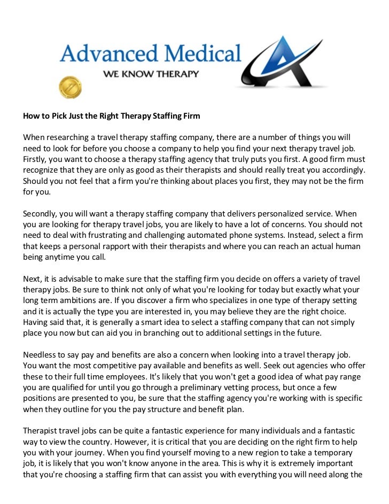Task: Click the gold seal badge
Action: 70,86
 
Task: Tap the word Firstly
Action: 35,159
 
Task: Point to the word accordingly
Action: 340,170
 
